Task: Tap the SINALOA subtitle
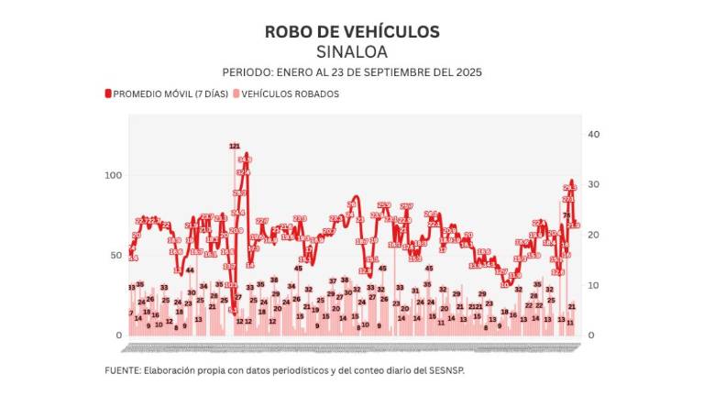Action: click(x=351, y=51)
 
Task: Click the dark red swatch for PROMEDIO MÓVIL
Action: click(x=108, y=93)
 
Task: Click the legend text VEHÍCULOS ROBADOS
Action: click(x=291, y=93)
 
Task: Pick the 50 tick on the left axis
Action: click(x=115, y=255)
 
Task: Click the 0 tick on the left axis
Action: click(x=119, y=335)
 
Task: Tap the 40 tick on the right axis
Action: click(x=593, y=134)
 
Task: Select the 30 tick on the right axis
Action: click(x=593, y=184)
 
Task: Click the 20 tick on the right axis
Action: click(x=593, y=235)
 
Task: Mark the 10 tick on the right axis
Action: click(x=593, y=285)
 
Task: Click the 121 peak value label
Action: click(x=235, y=146)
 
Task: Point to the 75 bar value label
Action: click(x=566, y=215)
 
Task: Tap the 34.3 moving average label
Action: click(x=245, y=159)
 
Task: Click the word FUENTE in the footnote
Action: click(x=121, y=371)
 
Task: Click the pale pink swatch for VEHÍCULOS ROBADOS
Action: click(x=236, y=93)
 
